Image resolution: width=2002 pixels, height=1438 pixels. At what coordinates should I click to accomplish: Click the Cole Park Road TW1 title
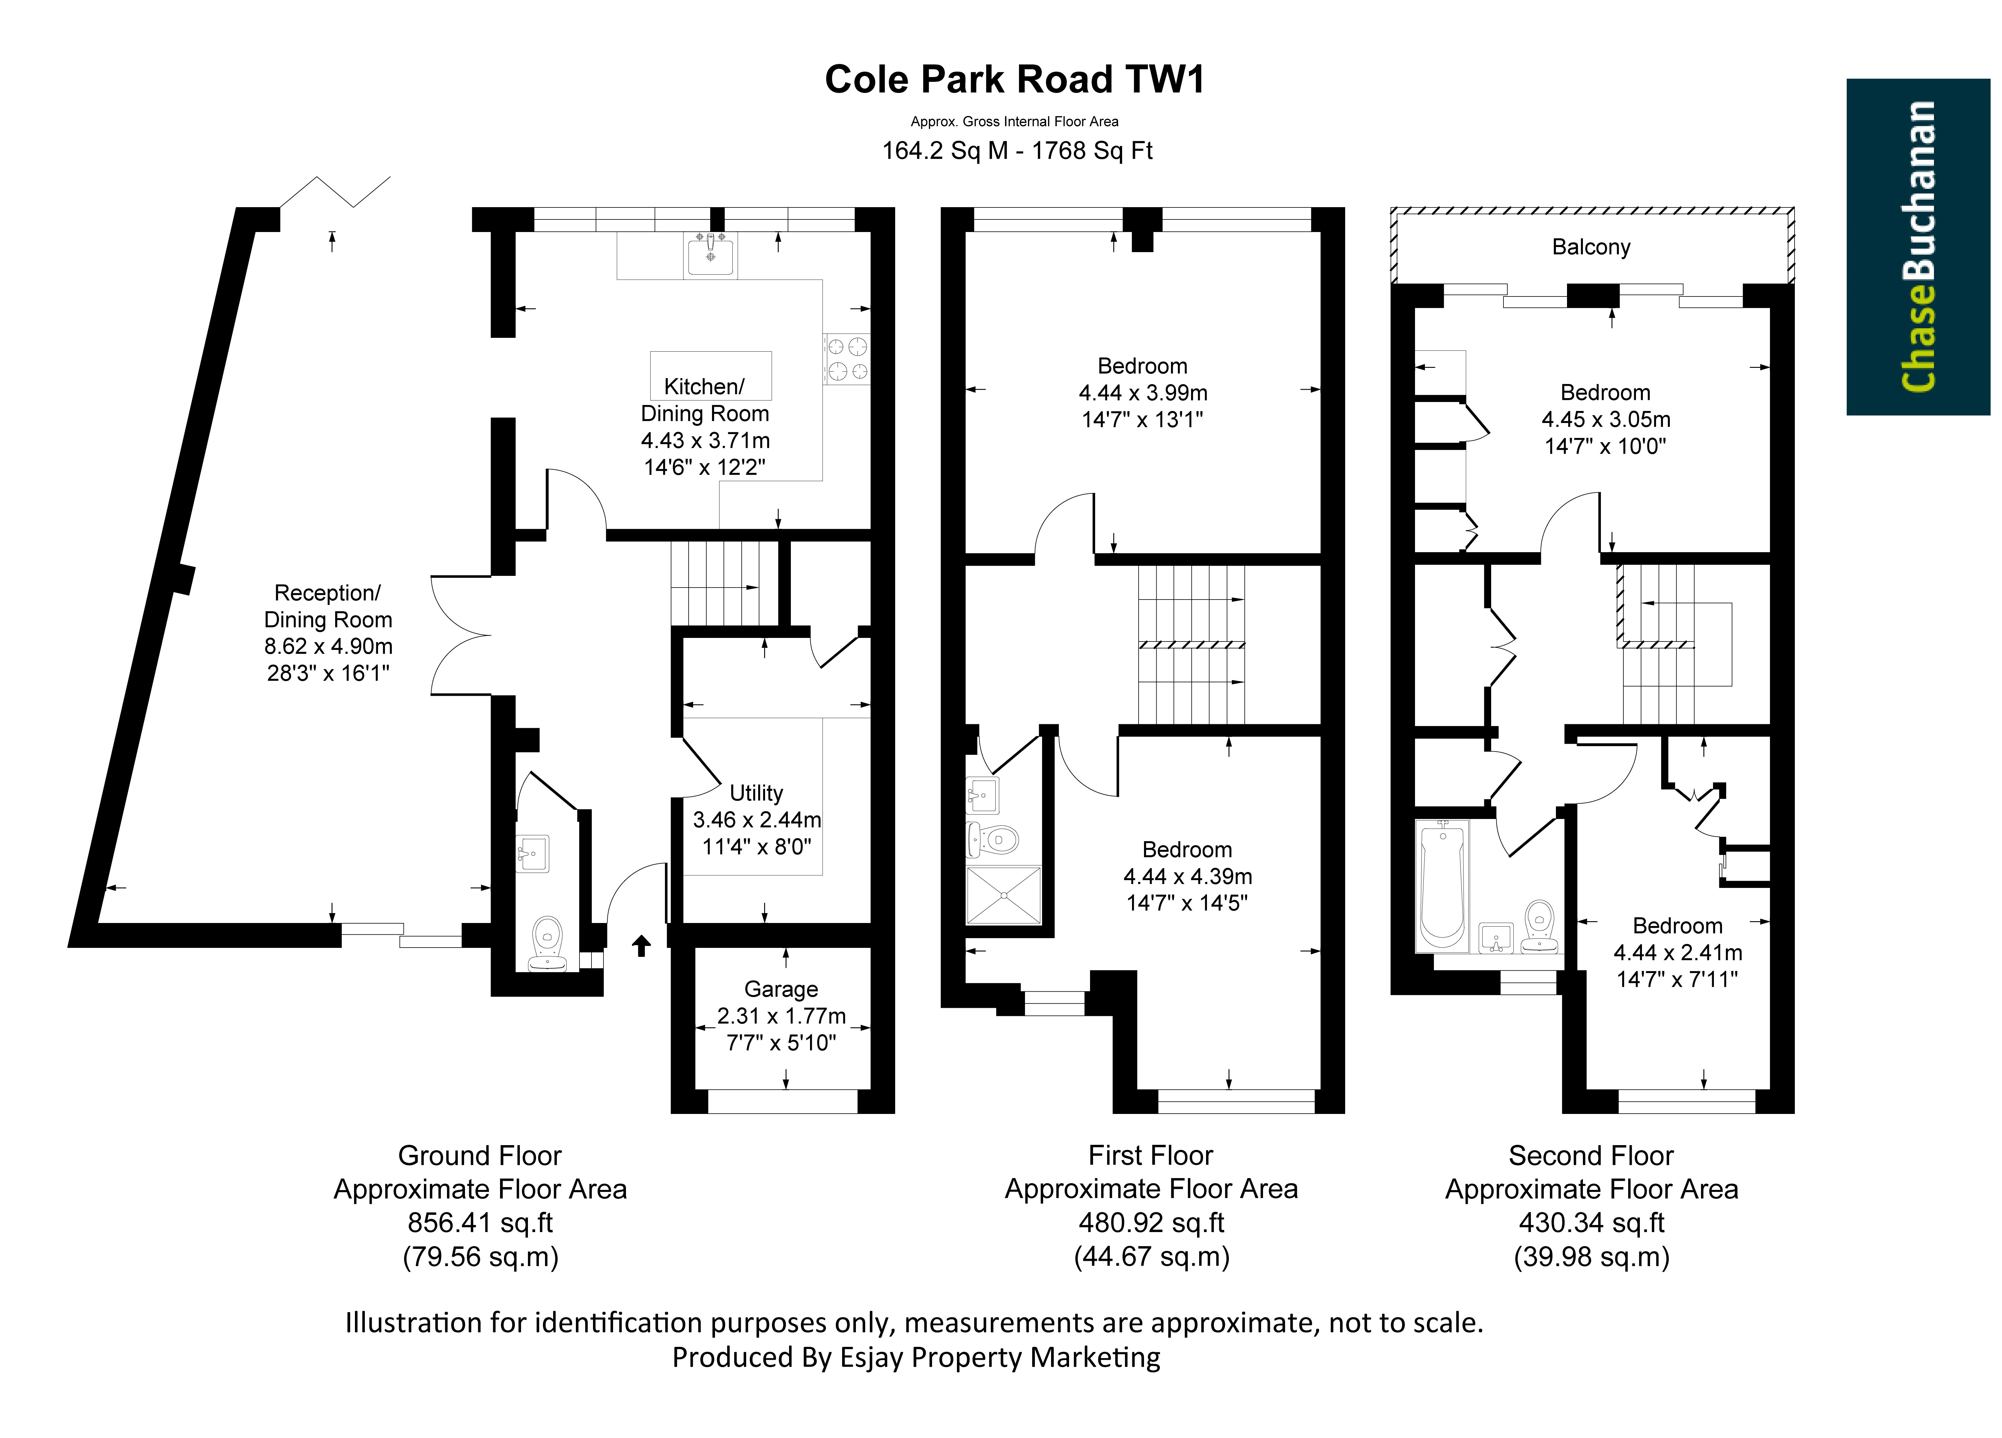[x=1014, y=79]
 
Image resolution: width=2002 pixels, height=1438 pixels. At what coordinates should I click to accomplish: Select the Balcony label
[x=1591, y=247]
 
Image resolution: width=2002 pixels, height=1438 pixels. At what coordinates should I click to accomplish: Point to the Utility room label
[x=756, y=793]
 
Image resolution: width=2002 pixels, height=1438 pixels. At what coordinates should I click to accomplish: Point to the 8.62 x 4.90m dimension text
[x=328, y=646]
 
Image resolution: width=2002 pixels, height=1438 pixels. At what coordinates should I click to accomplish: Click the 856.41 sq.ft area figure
[x=480, y=1222]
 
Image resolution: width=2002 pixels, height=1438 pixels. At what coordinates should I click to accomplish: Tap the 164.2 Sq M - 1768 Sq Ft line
[x=1017, y=151]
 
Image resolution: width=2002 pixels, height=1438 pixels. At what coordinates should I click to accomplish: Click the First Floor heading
[x=1151, y=1156]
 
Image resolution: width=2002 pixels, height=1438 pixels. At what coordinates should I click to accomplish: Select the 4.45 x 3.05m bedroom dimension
[x=1606, y=419]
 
